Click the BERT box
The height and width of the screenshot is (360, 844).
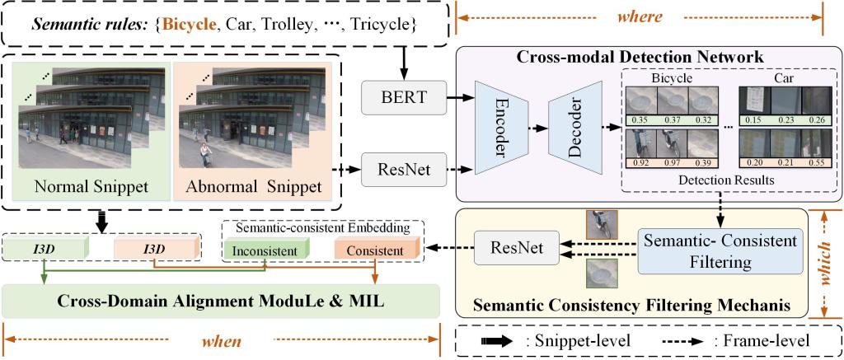[x=401, y=98]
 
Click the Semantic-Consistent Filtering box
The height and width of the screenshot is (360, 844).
[x=720, y=251]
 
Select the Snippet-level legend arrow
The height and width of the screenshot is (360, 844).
[x=493, y=339]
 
